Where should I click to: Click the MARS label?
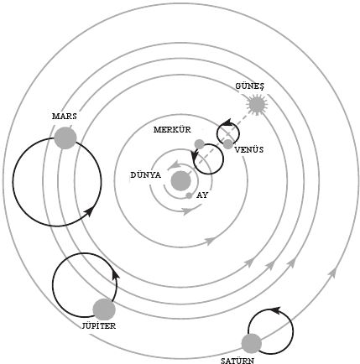tap(65, 117)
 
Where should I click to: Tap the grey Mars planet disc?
tap(65, 138)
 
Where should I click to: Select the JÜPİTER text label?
tap(99, 325)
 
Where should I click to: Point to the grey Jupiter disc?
tap(104, 309)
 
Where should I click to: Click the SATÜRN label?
tap(237, 361)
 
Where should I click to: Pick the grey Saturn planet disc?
tap(252, 343)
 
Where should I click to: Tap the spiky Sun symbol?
tap(257, 105)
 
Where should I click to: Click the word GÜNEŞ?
tap(249, 86)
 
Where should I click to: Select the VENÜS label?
tap(249, 150)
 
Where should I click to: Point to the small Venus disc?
tap(228, 144)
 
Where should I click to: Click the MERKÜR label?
tap(172, 130)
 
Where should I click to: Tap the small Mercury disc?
tap(199, 144)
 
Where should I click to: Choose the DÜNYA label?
tap(146, 175)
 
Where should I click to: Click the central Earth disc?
tap(181, 181)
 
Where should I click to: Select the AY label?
tap(202, 195)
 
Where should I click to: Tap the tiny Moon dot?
tap(189, 195)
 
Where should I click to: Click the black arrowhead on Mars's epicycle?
tap(89, 211)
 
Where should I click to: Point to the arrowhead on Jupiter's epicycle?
tap(115, 274)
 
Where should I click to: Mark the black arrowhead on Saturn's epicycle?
tap(276, 310)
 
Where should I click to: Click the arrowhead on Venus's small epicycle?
tap(227, 122)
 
